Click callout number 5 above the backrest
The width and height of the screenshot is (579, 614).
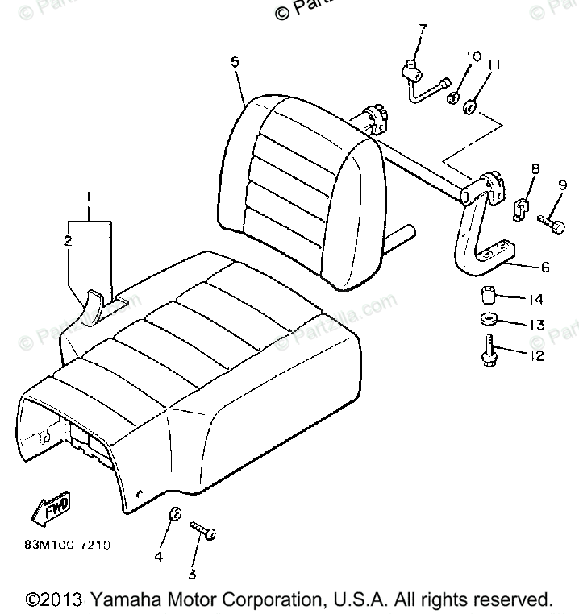click(x=234, y=62)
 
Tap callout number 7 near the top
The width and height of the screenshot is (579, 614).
click(x=421, y=30)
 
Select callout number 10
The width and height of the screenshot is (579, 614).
click(x=473, y=57)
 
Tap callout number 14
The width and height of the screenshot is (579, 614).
click(x=535, y=300)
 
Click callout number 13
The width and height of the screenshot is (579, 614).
click(x=535, y=326)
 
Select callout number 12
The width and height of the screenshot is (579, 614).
click(x=535, y=355)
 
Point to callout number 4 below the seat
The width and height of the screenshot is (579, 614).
click(x=159, y=556)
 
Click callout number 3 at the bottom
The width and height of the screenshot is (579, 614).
click(x=192, y=574)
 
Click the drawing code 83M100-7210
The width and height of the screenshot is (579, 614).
click(x=67, y=545)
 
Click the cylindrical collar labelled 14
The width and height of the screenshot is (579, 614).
click(x=489, y=294)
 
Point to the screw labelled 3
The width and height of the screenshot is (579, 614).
click(x=202, y=531)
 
